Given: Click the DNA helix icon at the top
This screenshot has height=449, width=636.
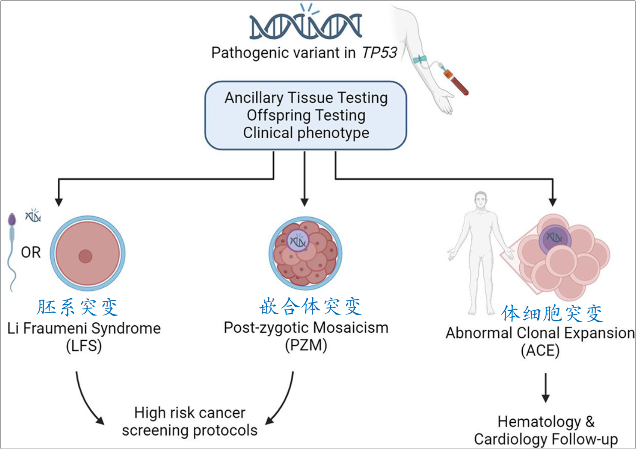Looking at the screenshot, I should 306,26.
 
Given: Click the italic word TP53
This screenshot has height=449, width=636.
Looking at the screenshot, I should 379,53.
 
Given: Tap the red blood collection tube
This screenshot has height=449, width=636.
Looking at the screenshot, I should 457,82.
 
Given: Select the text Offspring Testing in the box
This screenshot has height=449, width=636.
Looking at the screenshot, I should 306,115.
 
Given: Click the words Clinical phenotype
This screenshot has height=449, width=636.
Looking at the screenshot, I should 306,133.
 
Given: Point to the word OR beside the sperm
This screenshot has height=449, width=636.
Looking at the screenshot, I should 31,252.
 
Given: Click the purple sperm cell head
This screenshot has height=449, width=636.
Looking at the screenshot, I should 12,220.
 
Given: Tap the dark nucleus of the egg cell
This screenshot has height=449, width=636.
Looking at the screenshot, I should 85,256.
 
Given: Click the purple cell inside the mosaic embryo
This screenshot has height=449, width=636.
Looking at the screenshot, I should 298,241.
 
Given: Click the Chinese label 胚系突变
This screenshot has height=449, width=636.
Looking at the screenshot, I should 78,307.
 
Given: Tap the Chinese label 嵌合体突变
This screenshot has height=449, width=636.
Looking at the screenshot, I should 310,306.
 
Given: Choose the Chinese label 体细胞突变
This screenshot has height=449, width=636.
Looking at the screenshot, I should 552,313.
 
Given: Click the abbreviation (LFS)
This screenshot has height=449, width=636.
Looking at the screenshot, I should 84,346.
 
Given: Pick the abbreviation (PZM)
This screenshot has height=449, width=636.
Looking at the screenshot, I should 306,345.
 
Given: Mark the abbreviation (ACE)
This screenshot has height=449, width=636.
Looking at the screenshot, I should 540,350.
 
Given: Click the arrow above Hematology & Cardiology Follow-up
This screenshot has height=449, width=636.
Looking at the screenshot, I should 545,387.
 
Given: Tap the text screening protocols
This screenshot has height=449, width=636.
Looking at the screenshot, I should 189,430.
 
